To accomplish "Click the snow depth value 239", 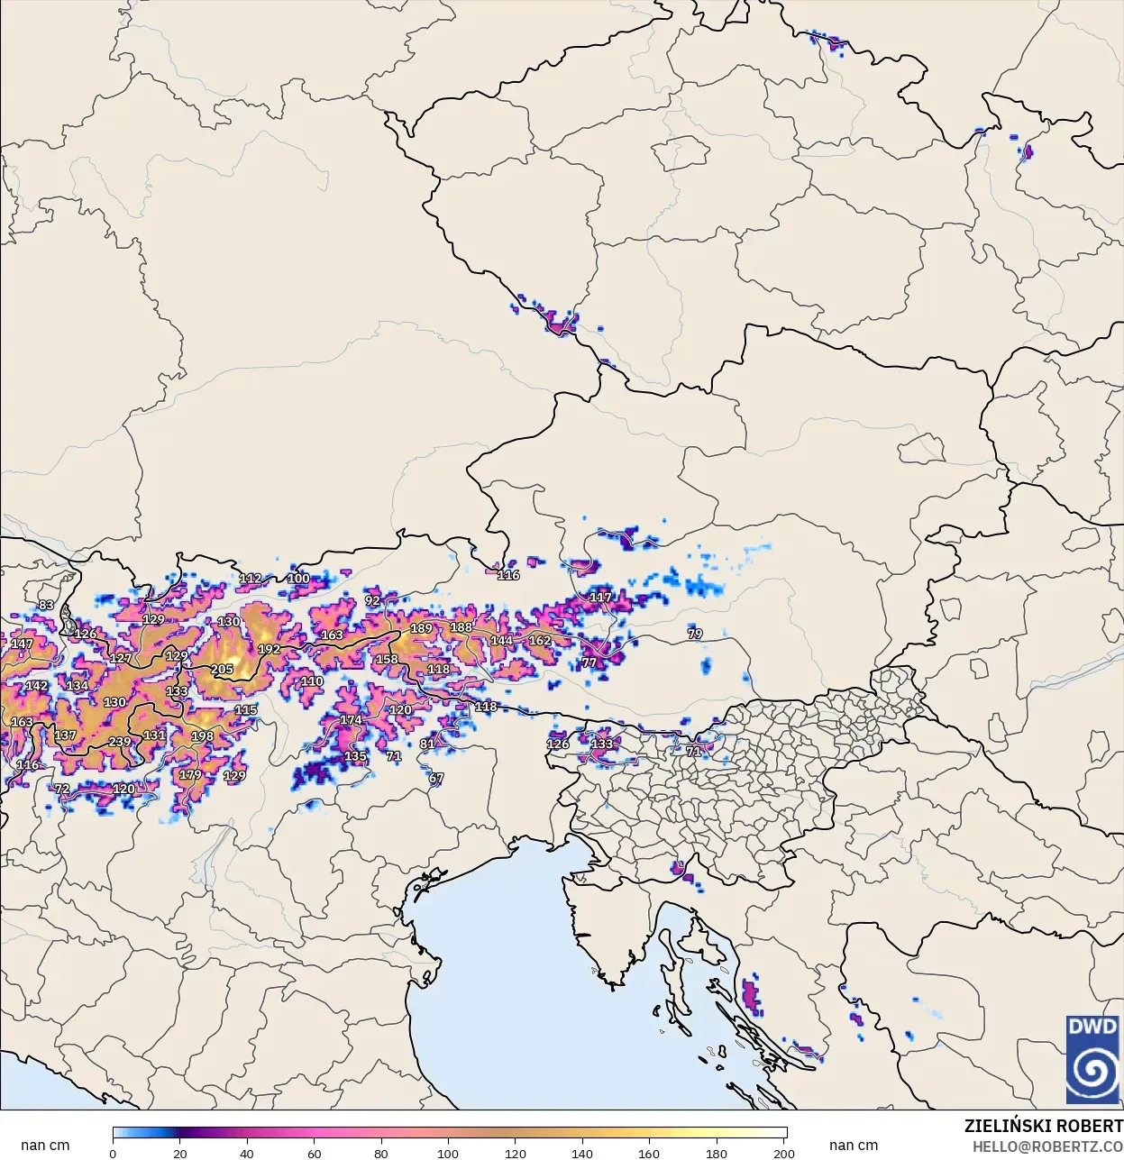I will point(120,742).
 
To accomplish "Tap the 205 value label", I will point(222,669).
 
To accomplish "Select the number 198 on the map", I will point(203,736).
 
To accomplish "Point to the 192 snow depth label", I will point(269,649).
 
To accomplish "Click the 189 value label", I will point(421,628).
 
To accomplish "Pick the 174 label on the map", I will point(351,720).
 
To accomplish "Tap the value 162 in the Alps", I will point(539,641).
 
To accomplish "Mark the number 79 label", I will point(695,634).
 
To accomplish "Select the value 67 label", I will point(436,778).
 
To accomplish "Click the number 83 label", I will point(46,605).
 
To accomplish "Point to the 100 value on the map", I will point(298,579).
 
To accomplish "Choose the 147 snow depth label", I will point(22,644).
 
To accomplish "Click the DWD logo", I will point(1092,1059).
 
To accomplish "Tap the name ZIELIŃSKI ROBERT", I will point(1043,1126).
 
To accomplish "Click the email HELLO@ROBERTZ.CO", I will point(1047,1146).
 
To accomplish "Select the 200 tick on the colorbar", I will point(784,1153).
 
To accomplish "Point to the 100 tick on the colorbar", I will point(448,1153).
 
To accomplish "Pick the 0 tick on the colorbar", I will point(113,1153).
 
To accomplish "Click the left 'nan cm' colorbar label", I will point(45,1146).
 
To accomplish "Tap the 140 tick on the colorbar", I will point(582,1153).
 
